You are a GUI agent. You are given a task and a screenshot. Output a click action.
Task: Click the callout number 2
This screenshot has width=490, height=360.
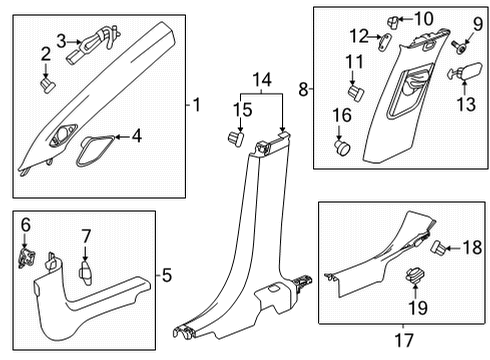point(45,53)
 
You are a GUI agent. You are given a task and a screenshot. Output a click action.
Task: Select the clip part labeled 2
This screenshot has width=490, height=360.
point(47,85)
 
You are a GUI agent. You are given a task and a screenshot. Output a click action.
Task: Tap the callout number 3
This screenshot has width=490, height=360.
point(62,40)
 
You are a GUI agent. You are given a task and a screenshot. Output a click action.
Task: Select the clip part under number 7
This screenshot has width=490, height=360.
point(86,236)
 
